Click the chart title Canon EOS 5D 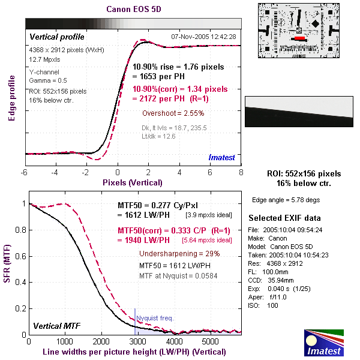pos(133,10)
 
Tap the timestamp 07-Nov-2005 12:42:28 pos(204,37)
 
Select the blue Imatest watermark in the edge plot pos(221,157)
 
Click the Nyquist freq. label pos(155,318)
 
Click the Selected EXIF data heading pos(285,218)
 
